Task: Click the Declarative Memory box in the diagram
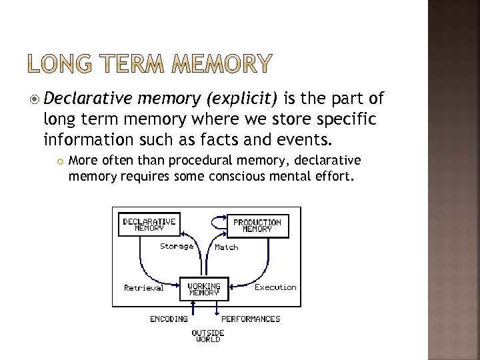[149, 224]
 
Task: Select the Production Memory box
[257, 225]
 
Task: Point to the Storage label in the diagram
[177, 246]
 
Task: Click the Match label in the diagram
[227, 247]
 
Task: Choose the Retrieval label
[143, 288]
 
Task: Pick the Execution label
[275, 287]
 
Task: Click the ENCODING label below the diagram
[169, 319]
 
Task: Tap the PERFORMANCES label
[251, 319]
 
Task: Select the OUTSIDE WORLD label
[208, 335]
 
